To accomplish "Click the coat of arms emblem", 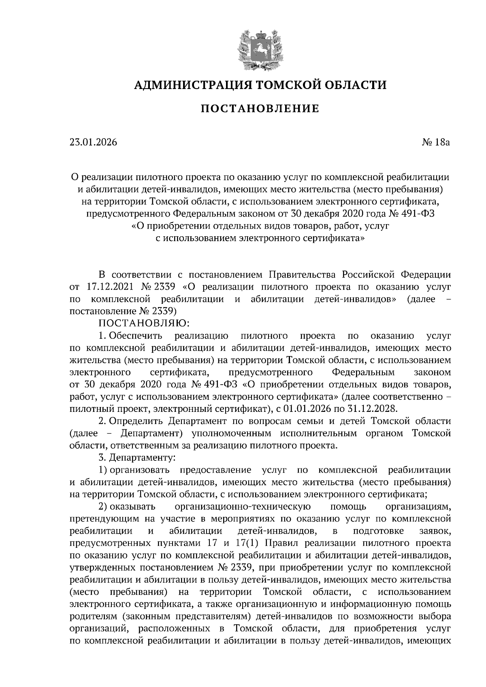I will pos(260,49).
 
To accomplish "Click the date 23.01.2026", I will pos(93,142).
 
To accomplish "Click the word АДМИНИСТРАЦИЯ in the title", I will pos(189,85).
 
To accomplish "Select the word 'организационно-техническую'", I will pos(242,507).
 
